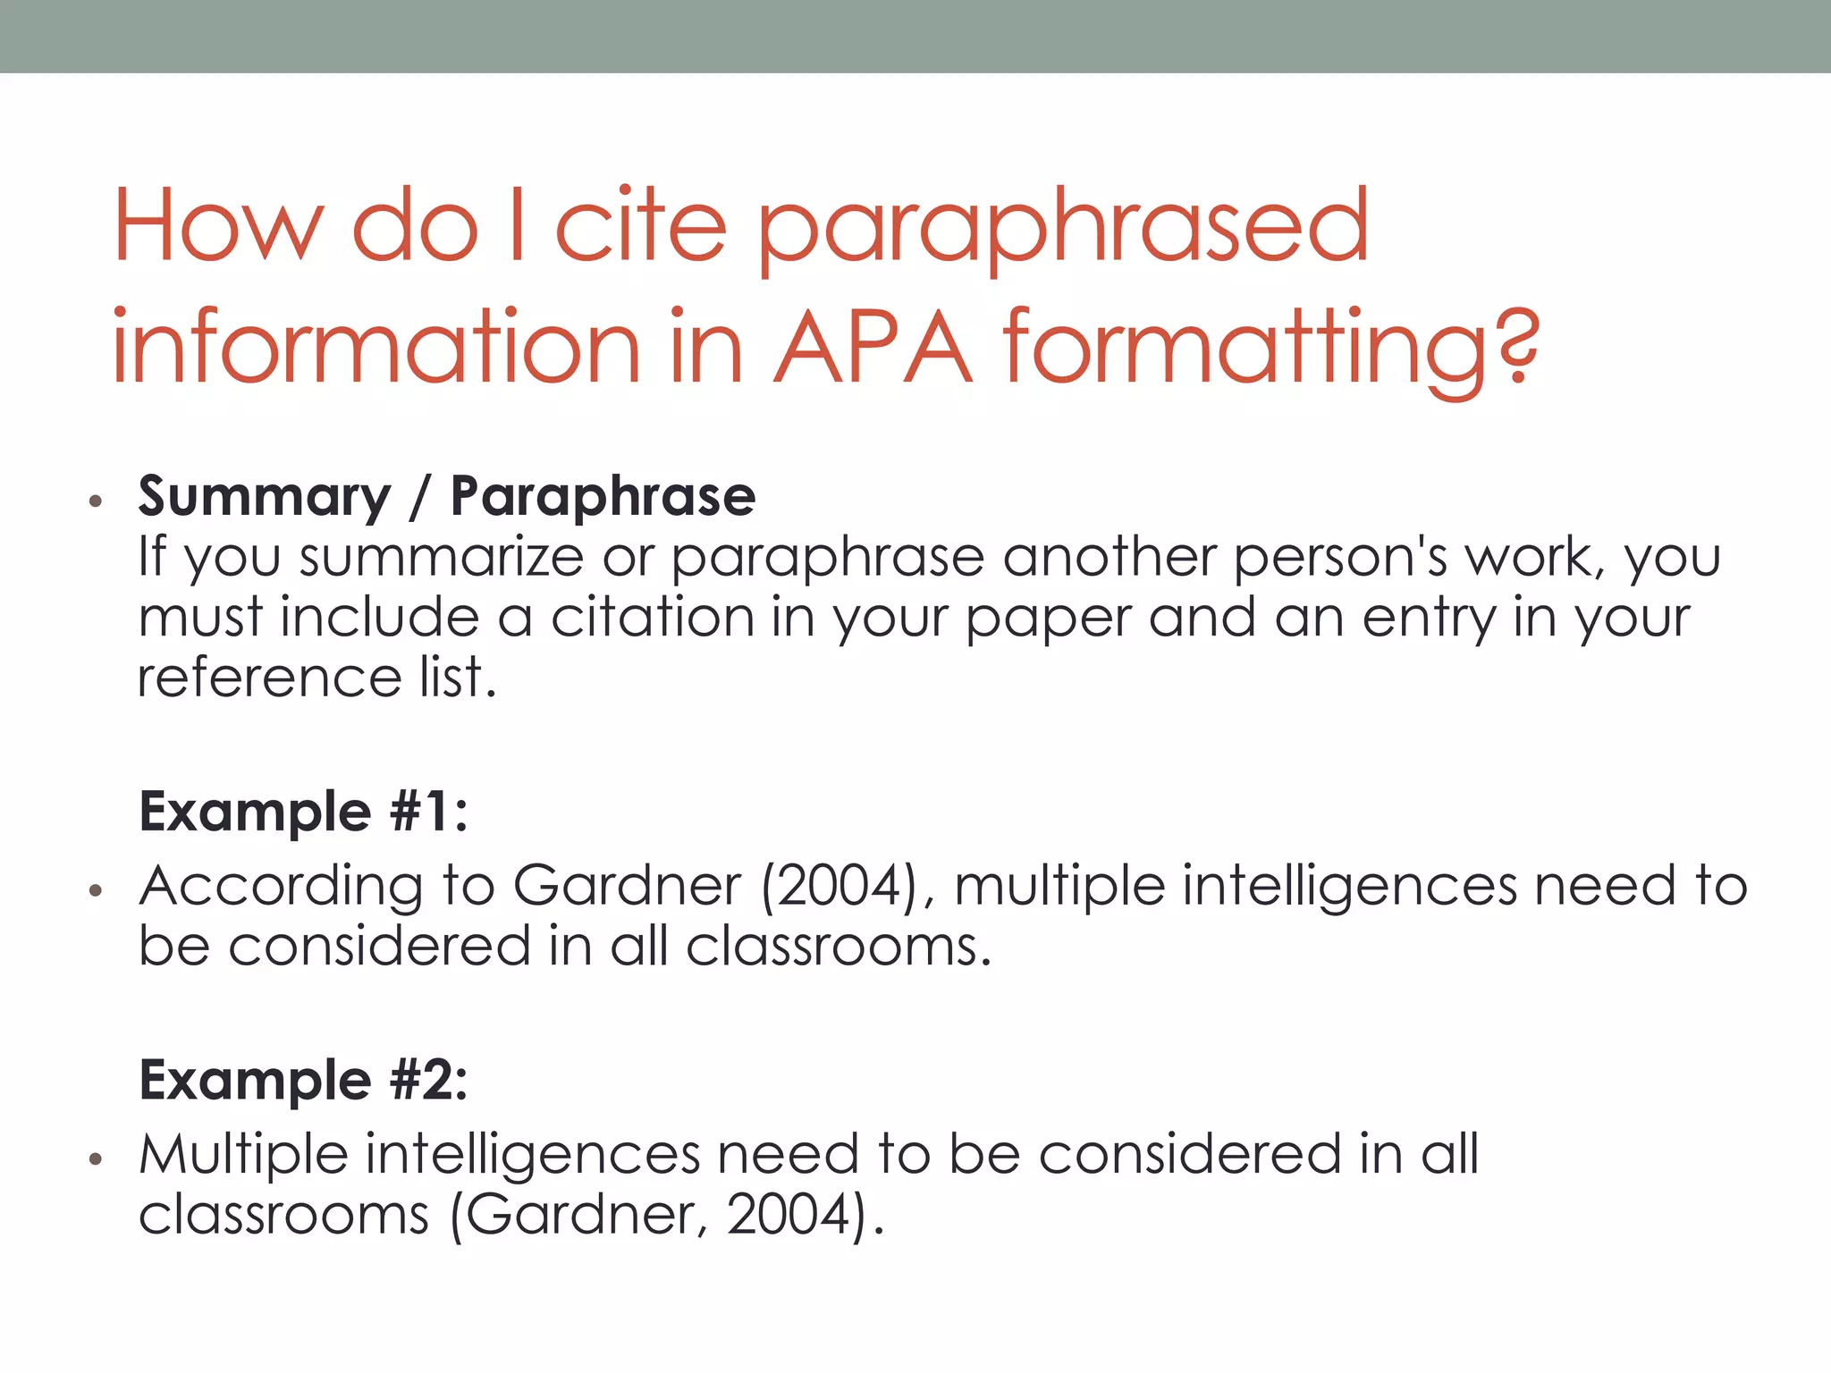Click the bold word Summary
(x=265, y=497)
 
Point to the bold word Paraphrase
(x=603, y=497)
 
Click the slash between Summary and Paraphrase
(x=420, y=498)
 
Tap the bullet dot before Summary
(x=96, y=501)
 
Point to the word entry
(x=1428, y=618)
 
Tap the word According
(x=281, y=887)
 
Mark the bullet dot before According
(x=96, y=891)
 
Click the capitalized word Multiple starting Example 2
(x=243, y=1154)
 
